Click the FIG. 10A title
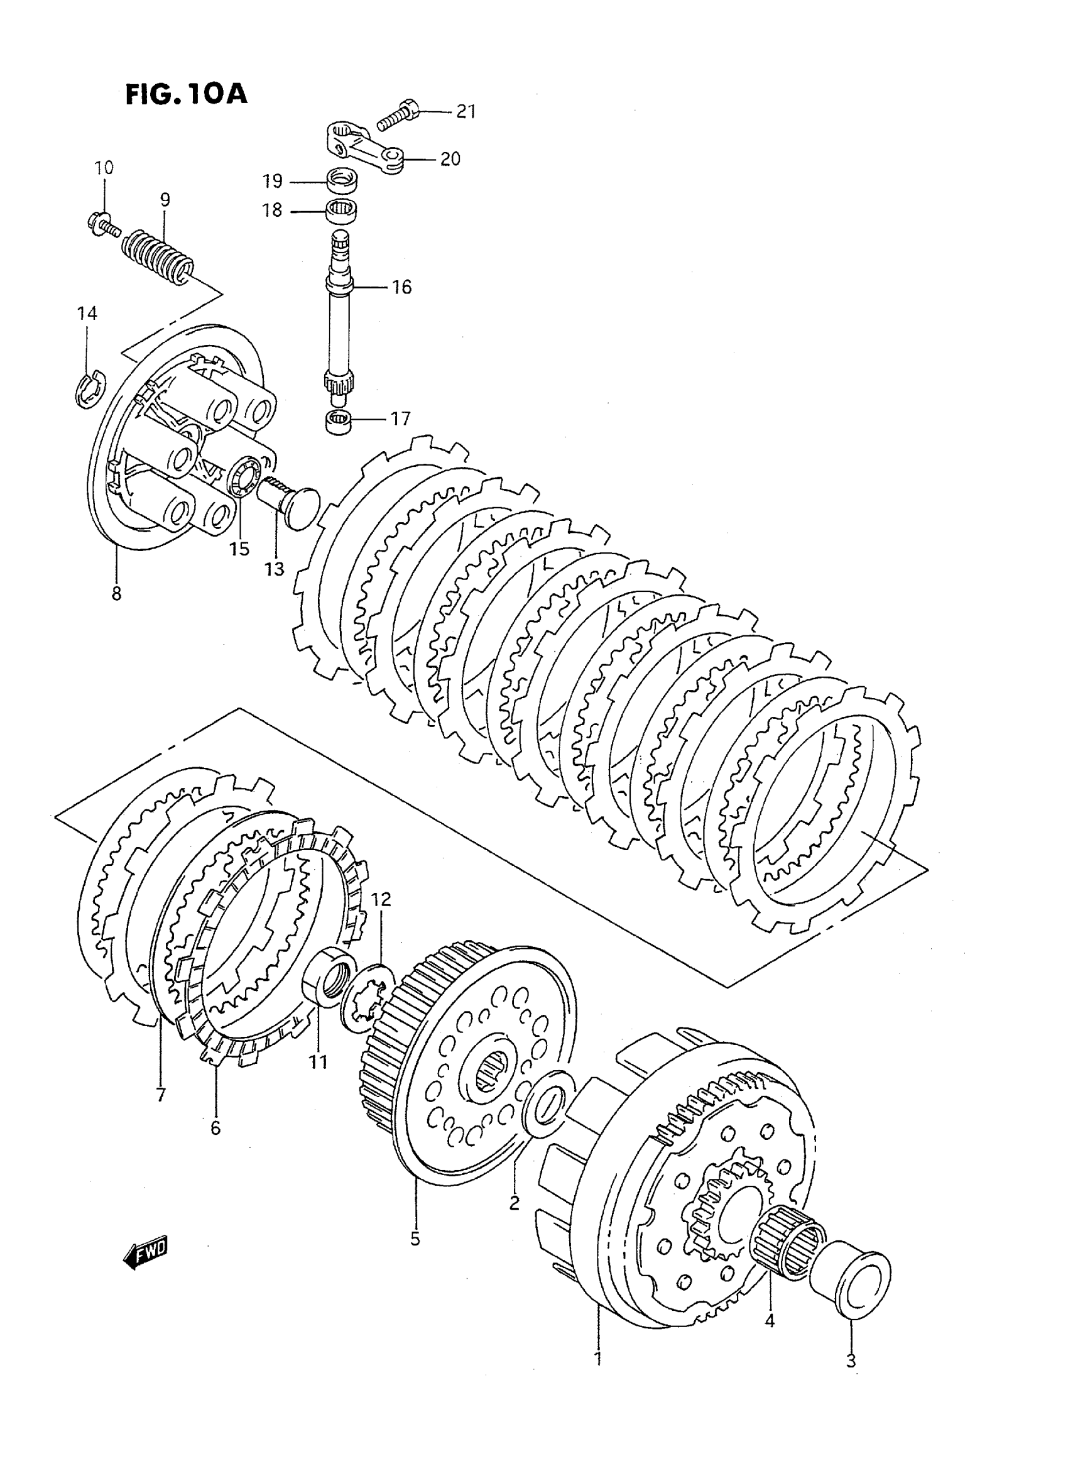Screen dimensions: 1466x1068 point(186,94)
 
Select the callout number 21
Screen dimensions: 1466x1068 point(466,112)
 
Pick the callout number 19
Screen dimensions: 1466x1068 point(272,182)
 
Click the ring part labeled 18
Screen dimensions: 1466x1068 point(341,211)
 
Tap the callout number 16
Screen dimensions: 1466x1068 point(401,287)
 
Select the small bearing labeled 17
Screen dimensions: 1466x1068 point(337,421)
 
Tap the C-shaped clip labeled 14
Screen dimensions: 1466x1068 point(87,388)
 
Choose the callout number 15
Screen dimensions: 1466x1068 point(239,549)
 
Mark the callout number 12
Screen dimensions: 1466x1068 point(381,899)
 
